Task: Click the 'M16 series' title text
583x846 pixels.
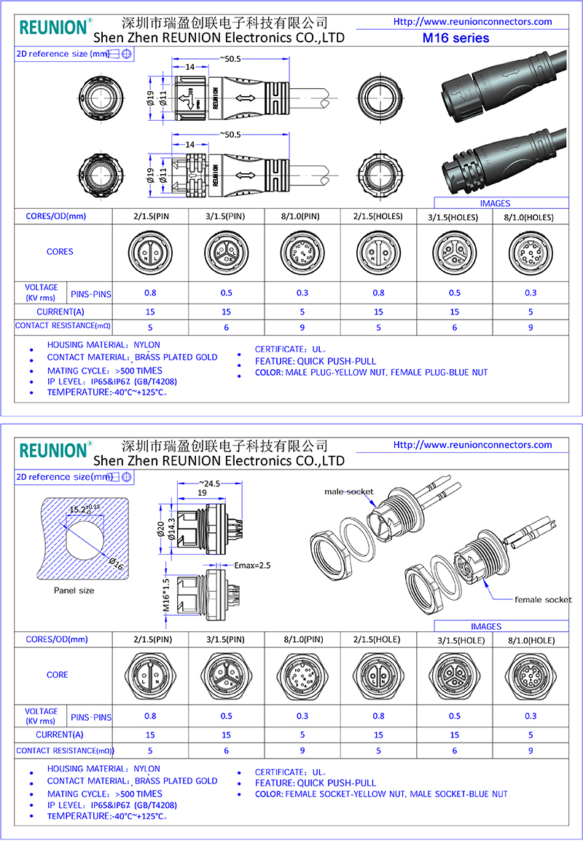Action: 456,38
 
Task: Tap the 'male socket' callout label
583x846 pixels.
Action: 349,492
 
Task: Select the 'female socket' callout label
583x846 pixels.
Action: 543,600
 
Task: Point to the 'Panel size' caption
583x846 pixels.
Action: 74,590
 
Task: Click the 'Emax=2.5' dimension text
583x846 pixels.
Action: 254,564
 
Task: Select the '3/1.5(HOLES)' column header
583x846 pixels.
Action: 453,217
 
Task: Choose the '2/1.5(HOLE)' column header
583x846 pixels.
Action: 377,640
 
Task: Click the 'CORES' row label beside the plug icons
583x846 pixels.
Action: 60,252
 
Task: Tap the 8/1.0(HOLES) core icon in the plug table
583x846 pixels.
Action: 529,252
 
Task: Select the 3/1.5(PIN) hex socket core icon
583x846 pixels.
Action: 226,675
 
